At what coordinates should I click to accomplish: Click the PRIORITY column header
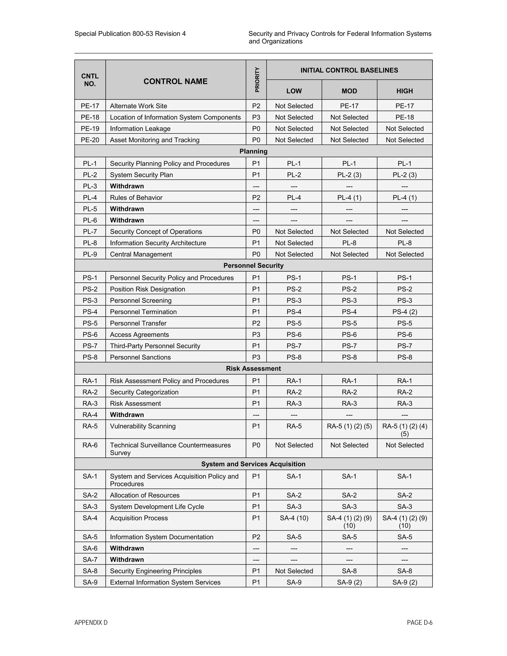(x=256, y=80)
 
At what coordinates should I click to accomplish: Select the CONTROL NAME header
(x=176, y=81)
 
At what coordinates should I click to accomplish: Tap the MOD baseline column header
(x=349, y=91)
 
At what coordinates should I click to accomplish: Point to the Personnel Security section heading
(x=253, y=266)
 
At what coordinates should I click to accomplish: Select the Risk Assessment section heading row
(x=253, y=369)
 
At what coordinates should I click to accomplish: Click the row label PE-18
(x=90, y=117)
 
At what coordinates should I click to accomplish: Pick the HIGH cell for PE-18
(x=404, y=117)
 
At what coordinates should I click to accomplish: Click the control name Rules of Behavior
(x=136, y=198)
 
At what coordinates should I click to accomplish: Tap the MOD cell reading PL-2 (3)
(x=349, y=175)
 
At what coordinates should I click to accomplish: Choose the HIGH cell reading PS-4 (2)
(x=404, y=312)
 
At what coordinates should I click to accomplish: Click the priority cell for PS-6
(x=256, y=335)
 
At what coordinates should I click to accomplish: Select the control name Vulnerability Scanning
(x=143, y=426)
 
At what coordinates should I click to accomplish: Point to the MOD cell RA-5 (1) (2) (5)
(x=349, y=426)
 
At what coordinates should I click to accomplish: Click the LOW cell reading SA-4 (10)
(x=294, y=518)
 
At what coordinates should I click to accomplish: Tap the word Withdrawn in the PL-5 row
(x=127, y=209)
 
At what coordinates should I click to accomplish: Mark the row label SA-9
(x=90, y=582)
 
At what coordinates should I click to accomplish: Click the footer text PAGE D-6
(x=419, y=623)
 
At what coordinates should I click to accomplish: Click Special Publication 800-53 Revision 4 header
(x=130, y=34)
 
